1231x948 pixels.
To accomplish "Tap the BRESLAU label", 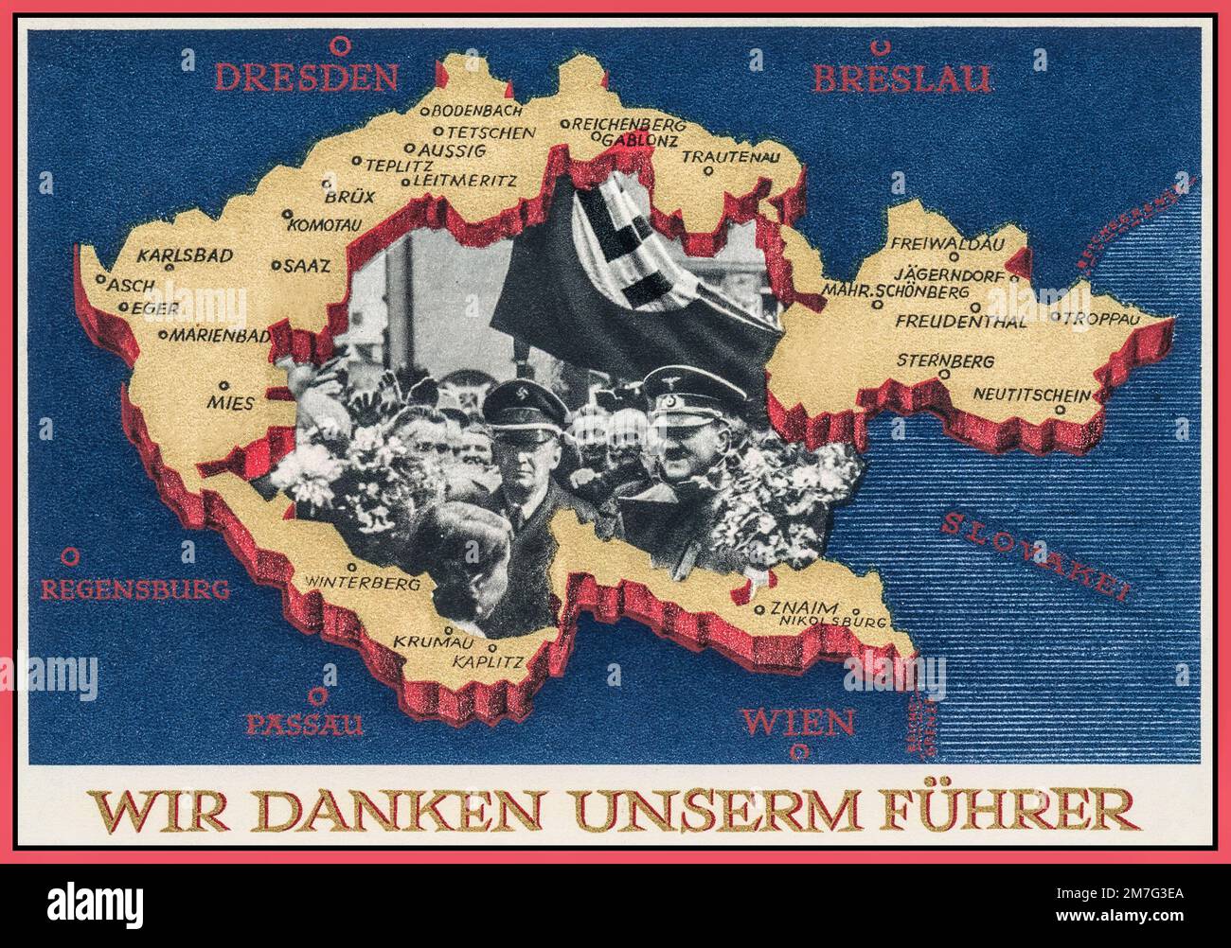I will (901, 79).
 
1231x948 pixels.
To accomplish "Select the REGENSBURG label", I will (135, 588).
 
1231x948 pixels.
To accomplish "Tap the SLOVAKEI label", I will (1036, 557).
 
